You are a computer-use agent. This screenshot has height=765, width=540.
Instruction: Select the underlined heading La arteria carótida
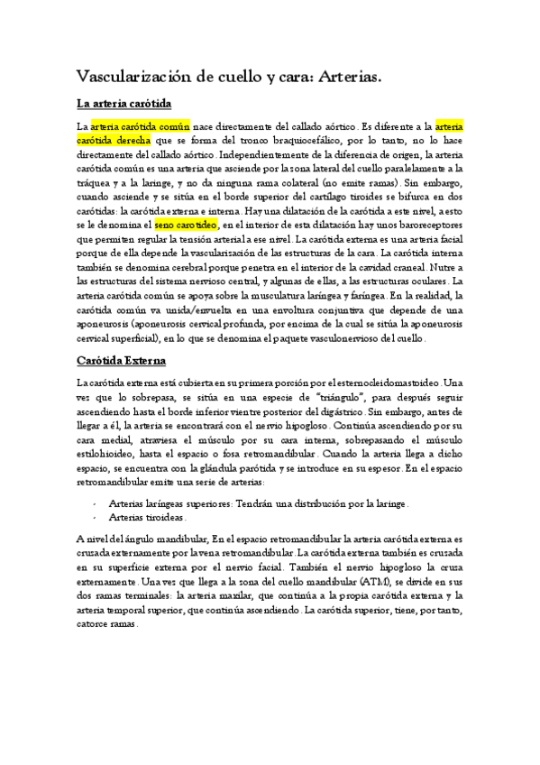coord(124,103)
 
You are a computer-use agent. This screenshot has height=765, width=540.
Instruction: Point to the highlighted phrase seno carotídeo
coord(188,226)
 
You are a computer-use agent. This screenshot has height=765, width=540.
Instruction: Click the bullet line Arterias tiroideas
coord(148,518)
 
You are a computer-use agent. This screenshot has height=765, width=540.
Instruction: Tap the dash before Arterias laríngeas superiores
coord(95,503)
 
